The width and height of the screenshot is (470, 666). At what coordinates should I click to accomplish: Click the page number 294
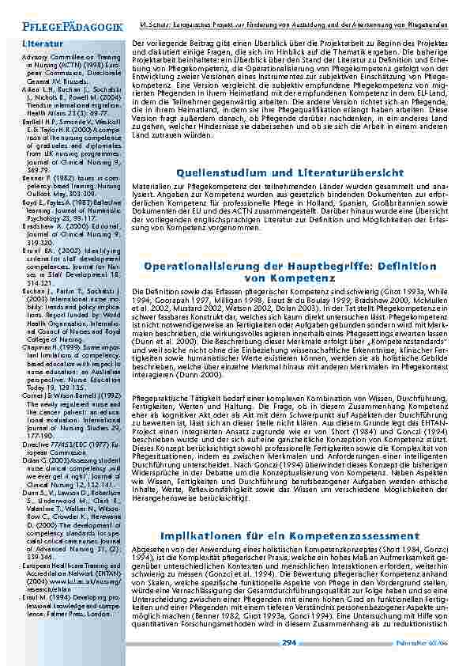tap(289, 643)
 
